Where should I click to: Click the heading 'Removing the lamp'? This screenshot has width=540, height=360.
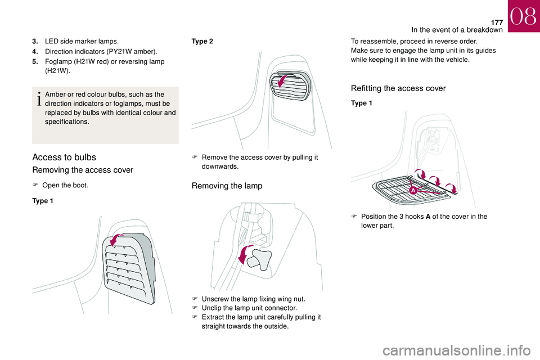point(227,186)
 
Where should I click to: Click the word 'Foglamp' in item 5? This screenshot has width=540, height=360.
point(57,62)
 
